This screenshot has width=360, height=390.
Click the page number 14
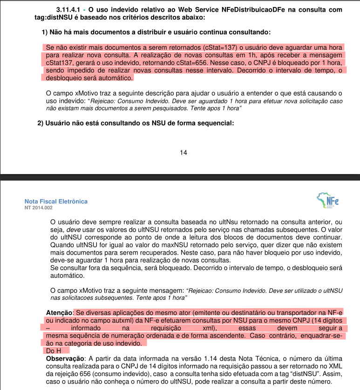coord(183,152)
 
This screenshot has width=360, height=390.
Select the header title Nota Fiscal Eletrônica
coord(56,202)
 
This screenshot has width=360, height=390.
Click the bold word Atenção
coord(59,313)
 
